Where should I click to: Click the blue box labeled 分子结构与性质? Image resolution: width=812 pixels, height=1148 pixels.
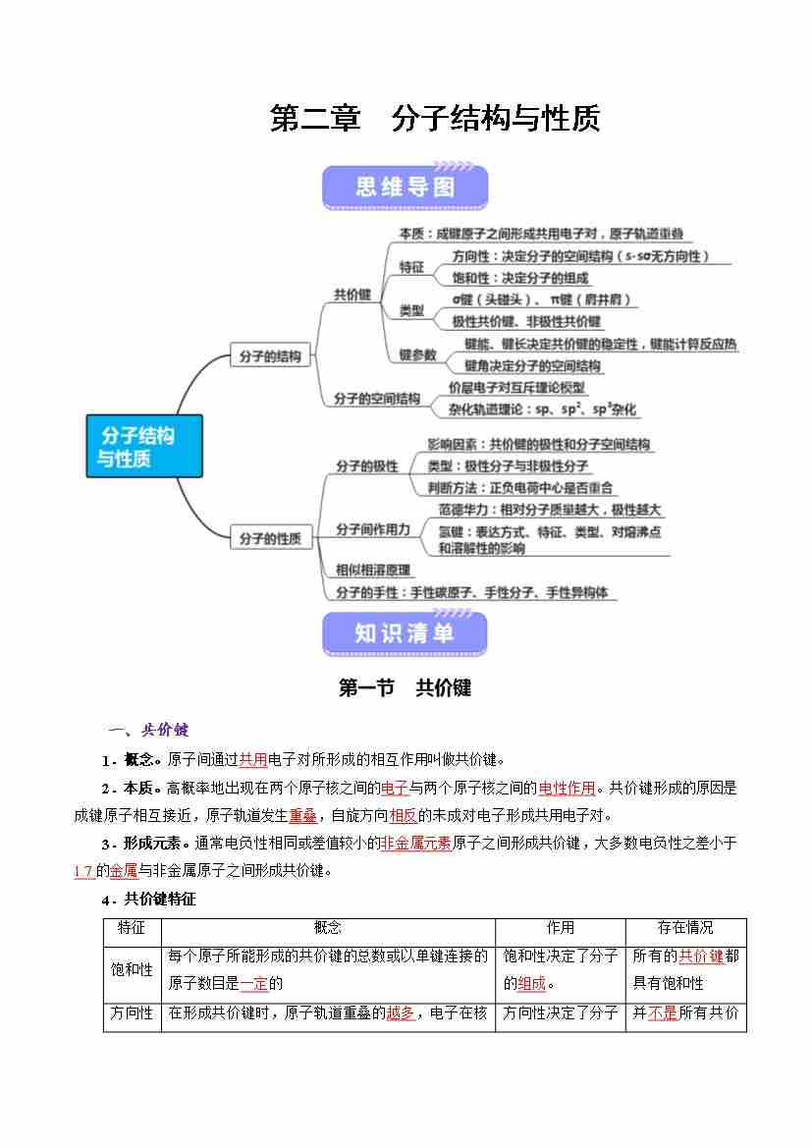click(x=143, y=445)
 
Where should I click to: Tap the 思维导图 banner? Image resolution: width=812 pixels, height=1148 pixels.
click(x=405, y=188)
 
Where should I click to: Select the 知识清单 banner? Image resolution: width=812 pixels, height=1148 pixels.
click(x=405, y=634)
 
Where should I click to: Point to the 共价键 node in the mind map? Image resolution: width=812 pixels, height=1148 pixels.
click(x=352, y=295)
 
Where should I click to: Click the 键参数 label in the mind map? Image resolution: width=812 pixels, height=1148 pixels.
click(x=417, y=355)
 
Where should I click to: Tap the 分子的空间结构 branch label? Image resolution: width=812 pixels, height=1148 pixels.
click(x=376, y=399)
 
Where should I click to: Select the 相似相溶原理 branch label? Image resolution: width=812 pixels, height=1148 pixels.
click(x=373, y=570)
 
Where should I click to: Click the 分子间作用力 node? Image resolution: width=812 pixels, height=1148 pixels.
click(x=373, y=529)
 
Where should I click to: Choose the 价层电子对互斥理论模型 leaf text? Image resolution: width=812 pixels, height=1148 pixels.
click(x=516, y=388)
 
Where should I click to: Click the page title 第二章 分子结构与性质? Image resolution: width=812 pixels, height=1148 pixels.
click(x=434, y=119)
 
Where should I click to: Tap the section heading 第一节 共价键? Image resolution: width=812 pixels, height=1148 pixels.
click(x=405, y=688)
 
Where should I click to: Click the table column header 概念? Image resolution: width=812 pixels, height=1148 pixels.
click(x=328, y=928)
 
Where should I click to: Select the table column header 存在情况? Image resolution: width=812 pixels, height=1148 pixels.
click(x=685, y=928)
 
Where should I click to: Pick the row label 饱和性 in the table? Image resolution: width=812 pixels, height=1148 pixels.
click(x=133, y=969)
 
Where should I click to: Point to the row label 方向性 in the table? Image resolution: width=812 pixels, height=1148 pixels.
click(x=133, y=1012)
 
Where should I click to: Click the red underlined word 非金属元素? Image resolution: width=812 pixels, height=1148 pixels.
click(x=415, y=843)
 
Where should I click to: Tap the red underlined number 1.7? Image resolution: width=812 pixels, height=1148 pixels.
click(x=83, y=870)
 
